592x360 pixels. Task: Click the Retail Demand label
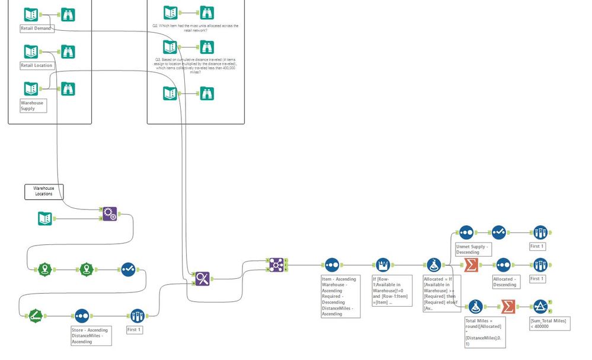point(36,28)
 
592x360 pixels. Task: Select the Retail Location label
point(37,65)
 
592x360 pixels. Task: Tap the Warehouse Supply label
point(32,106)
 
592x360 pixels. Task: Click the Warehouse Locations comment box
point(43,191)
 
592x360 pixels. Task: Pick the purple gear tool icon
point(110,214)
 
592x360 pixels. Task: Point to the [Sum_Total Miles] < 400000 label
point(549,324)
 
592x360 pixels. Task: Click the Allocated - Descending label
point(504,281)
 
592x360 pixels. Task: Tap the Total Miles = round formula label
point(485,332)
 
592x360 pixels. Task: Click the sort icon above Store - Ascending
point(82,314)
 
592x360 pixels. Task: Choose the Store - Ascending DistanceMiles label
point(90,335)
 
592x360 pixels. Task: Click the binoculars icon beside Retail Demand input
point(68,15)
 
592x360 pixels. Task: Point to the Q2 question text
point(195,28)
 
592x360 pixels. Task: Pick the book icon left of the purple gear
point(45,219)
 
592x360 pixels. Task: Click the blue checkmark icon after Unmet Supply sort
point(498,232)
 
